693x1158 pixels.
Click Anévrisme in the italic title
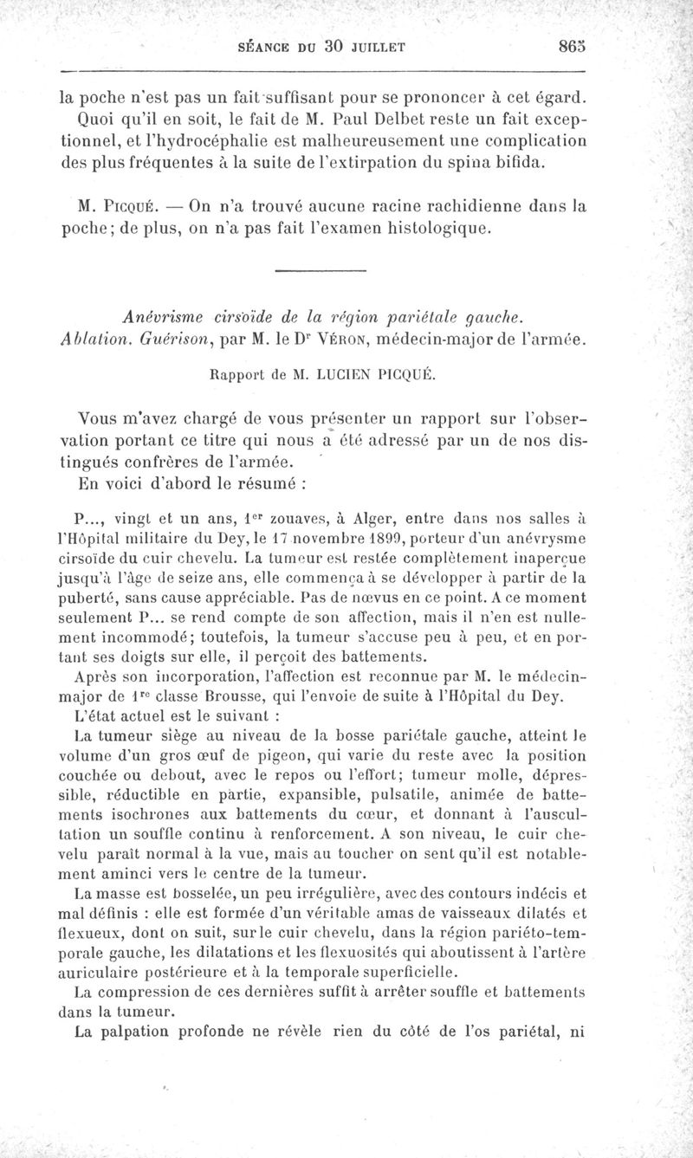165,319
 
